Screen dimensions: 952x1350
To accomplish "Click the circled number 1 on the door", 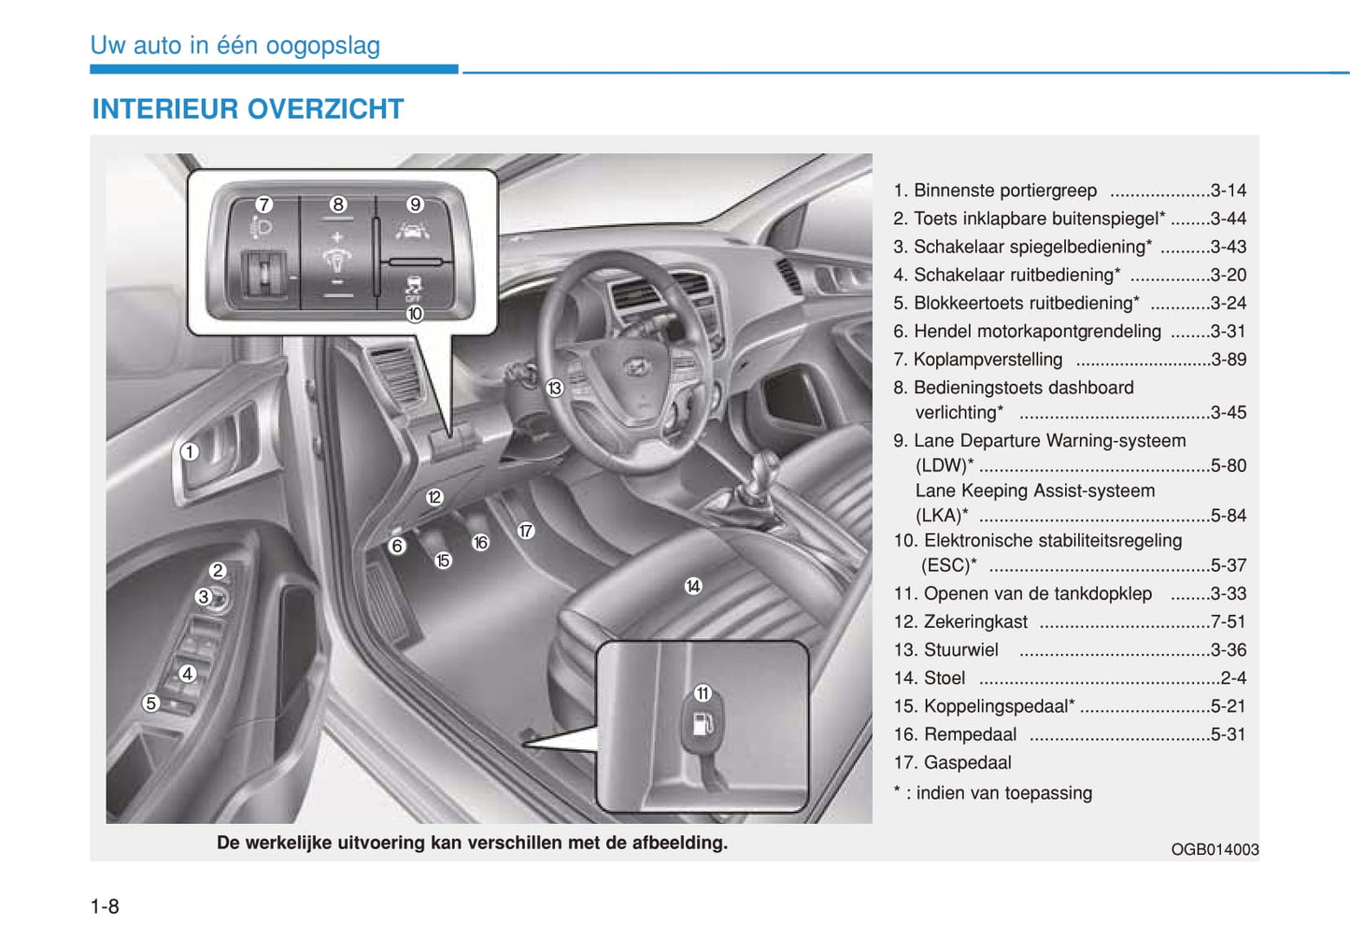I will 190,452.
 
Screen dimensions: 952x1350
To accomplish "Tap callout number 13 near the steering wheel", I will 555,388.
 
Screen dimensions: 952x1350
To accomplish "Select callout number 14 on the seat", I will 693,586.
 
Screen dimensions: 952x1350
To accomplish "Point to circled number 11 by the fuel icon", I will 703,693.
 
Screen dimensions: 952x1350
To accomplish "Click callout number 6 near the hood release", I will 397,546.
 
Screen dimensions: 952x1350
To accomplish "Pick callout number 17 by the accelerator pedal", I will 526,531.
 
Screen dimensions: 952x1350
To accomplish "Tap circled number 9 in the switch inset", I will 415,204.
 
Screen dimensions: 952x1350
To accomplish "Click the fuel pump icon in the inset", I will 703,724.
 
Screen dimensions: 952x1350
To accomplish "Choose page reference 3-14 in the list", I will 1228,191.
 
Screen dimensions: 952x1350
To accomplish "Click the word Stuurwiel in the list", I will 960,650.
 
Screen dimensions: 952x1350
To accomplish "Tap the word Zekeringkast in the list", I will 975,622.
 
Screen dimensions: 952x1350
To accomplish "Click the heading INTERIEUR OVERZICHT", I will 248,109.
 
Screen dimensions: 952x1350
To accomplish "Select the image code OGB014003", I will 1215,849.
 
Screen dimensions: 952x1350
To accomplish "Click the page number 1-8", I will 105,906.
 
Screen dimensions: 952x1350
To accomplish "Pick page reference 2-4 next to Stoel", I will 1233,678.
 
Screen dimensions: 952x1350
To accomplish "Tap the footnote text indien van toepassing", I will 1003,793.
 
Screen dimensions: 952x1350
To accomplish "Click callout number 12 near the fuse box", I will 434,497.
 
